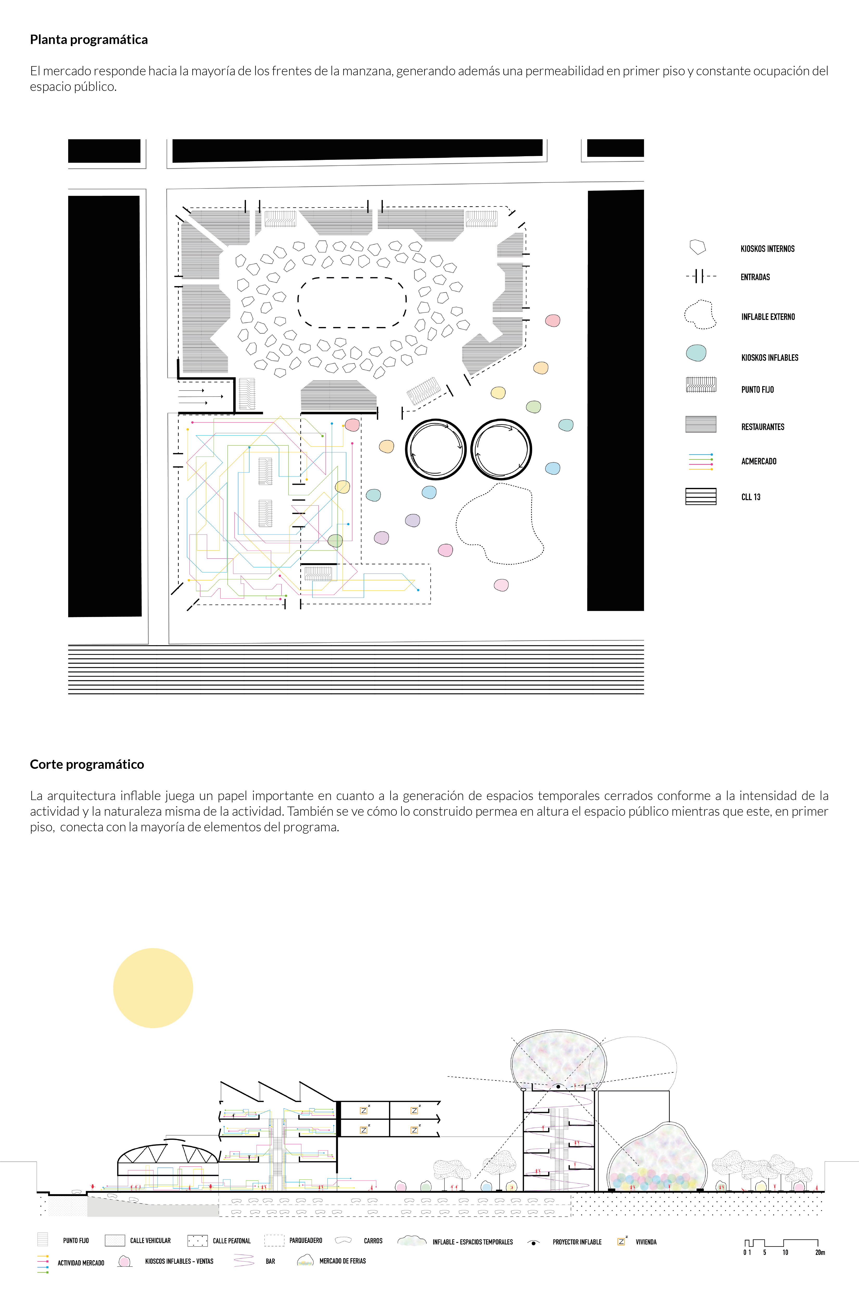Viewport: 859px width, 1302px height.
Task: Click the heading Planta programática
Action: (x=89, y=40)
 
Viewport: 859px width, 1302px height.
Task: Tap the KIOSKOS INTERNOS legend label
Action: (x=767, y=249)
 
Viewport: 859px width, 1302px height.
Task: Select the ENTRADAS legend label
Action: (x=755, y=277)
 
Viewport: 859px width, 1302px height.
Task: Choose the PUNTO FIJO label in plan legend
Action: (x=757, y=390)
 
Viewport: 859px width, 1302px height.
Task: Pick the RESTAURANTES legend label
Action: (x=762, y=427)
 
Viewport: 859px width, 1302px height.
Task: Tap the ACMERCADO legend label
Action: (x=759, y=461)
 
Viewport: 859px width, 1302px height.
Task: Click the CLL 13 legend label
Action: (x=750, y=497)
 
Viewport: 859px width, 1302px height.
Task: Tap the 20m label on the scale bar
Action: (x=819, y=1252)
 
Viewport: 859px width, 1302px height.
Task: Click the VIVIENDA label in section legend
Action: (x=646, y=1242)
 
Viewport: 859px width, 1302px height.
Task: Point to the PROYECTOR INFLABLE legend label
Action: (x=577, y=1242)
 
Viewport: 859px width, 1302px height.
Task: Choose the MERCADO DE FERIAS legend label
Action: (x=342, y=1261)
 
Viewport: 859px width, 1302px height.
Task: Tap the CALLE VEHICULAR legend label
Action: (x=150, y=1241)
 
